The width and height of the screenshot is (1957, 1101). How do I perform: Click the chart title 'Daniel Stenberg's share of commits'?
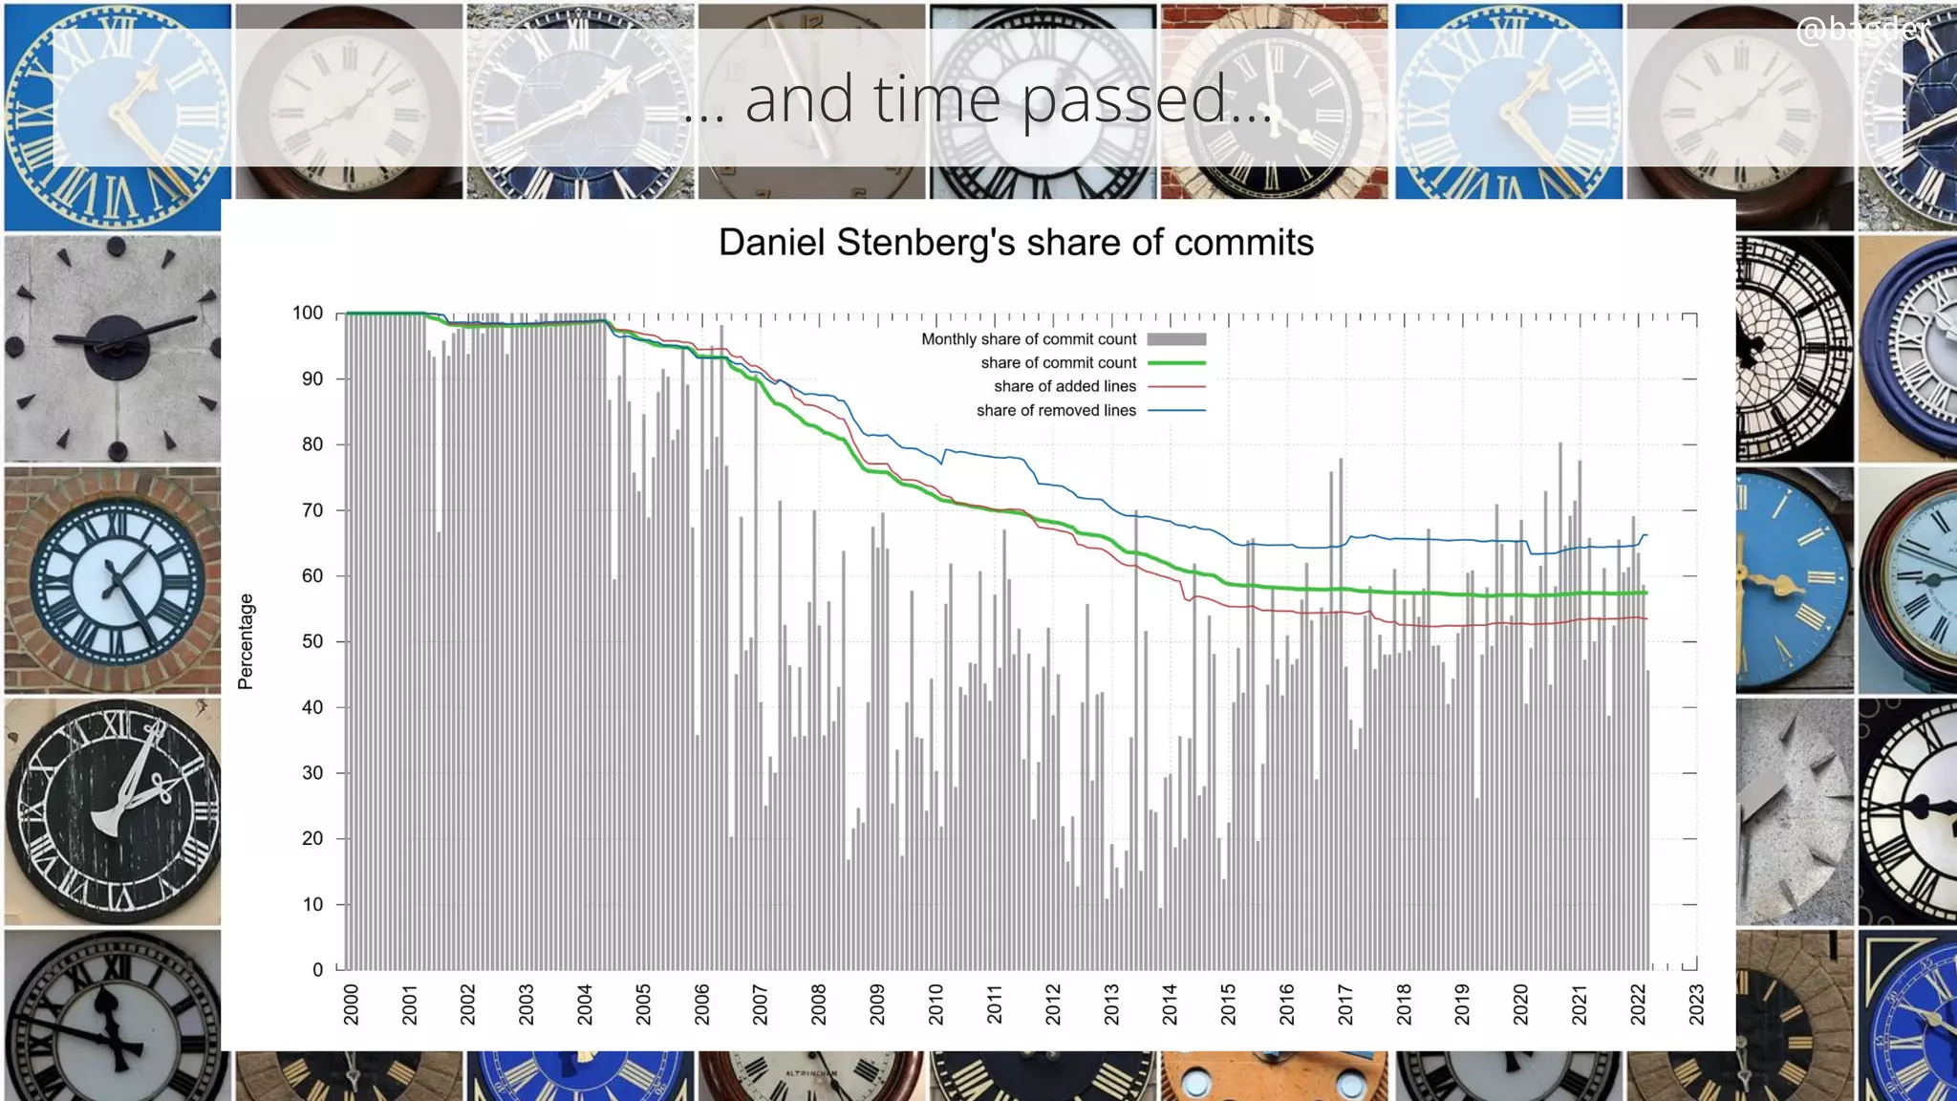[1016, 243]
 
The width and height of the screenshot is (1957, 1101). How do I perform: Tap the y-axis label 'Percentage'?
[246, 641]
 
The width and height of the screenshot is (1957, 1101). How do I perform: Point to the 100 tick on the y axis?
[308, 313]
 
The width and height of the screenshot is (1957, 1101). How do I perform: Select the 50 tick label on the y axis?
[312, 641]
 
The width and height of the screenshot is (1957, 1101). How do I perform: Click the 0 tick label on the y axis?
[317, 969]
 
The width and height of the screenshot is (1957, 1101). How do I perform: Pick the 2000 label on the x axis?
[351, 1004]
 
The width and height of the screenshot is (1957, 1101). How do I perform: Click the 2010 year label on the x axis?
[935, 1004]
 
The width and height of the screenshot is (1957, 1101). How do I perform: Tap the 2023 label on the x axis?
[1696, 1004]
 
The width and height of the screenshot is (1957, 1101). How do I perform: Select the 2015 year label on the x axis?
[1228, 1004]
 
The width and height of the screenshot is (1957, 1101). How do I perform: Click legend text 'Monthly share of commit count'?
[1028, 339]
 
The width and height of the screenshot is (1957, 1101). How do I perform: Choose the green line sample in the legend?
[1176, 363]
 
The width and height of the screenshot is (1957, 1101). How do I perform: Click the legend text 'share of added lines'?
[1065, 386]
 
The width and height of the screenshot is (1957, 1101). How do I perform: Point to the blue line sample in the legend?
[1176, 410]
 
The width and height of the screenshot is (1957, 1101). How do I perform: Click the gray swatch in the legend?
[1176, 339]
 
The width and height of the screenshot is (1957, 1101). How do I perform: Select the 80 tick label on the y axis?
[312, 444]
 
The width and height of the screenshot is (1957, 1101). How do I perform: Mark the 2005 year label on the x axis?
[643, 1004]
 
